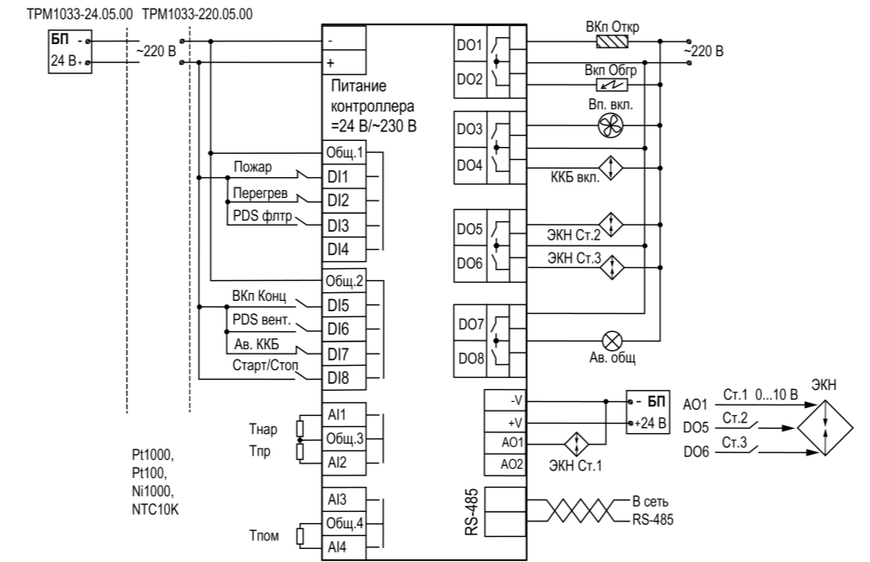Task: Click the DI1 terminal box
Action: [344, 176]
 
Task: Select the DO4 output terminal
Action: [470, 165]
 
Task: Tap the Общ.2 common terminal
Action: [344, 282]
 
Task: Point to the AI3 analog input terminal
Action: [344, 499]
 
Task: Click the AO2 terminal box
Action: [505, 464]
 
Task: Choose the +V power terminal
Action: [505, 422]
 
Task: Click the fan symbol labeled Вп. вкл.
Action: [610, 125]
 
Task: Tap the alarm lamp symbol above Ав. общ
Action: [612, 341]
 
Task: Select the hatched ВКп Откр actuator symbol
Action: [612, 42]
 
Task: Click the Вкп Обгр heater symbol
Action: [612, 85]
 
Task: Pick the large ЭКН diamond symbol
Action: [825, 428]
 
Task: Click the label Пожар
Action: [252, 167]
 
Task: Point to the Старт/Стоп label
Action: [265, 366]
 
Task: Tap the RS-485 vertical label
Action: [472, 512]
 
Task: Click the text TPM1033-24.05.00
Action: [79, 14]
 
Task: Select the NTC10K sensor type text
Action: [156, 509]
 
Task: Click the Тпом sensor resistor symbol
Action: [300, 536]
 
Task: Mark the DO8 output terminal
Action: [471, 359]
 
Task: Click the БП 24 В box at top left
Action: [70, 52]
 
